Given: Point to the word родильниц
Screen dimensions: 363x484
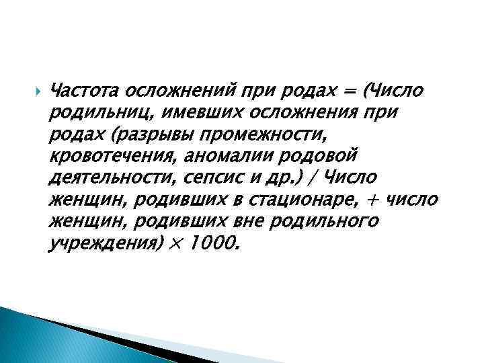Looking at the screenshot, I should (93, 112).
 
